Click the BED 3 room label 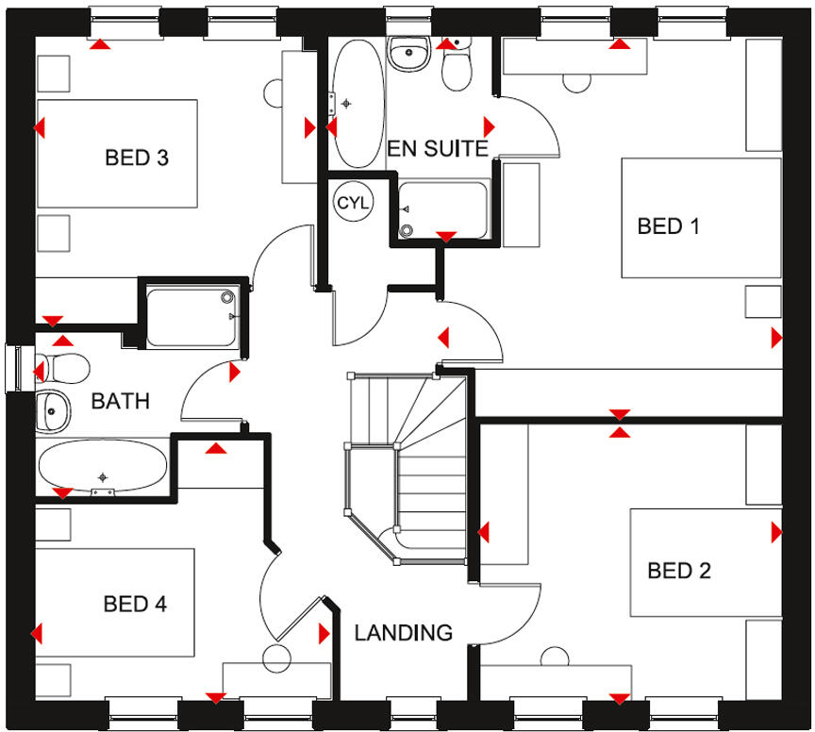[137, 158]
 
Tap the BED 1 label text [669, 226]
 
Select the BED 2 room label [679, 571]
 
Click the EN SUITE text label [438, 148]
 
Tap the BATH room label [120, 401]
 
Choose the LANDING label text [403, 633]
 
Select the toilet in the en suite [457, 64]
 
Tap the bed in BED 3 [117, 153]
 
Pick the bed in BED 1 [700, 218]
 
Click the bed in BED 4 [114, 603]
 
